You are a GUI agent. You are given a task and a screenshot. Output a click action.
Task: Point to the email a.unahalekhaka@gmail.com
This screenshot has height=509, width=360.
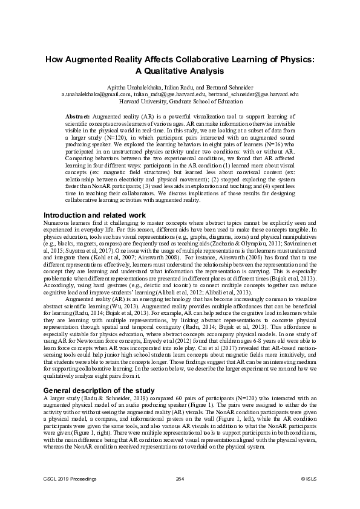coord(96,94)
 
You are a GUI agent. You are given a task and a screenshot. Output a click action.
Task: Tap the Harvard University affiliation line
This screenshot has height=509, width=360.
coord(180,102)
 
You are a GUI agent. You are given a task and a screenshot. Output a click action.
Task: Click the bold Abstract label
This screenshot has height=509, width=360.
coord(78,115)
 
